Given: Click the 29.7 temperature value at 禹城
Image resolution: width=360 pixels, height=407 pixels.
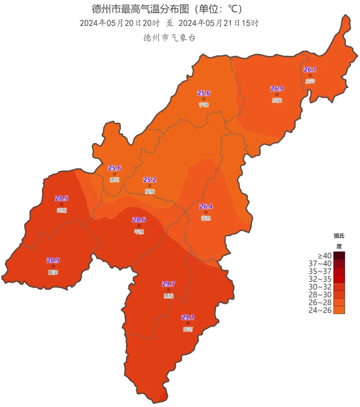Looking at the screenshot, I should pyautogui.click(x=168, y=284).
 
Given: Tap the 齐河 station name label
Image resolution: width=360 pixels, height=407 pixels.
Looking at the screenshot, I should pyautogui.click(x=188, y=330).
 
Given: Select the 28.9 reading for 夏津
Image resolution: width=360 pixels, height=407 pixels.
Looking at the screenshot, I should pyautogui.click(x=53, y=260).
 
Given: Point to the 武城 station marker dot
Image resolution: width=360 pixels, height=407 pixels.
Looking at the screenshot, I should pyautogui.click(x=62, y=204).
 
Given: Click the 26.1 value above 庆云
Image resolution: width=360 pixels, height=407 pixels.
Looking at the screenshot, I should pyautogui.click(x=310, y=70).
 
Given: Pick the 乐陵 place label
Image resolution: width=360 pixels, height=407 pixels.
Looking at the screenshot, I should pyautogui.click(x=277, y=100).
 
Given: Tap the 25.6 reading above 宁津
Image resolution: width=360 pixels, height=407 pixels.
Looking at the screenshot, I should pyautogui.click(x=204, y=93).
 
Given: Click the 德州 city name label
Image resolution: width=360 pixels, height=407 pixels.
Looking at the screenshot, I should pyautogui.click(x=114, y=180).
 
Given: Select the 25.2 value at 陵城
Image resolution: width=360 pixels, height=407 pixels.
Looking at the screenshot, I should pyautogui.click(x=150, y=180).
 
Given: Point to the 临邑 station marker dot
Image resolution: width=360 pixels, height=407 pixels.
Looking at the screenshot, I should pyautogui.click(x=206, y=212).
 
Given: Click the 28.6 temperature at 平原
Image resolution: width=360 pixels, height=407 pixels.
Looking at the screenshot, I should pyautogui.click(x=139, y=220).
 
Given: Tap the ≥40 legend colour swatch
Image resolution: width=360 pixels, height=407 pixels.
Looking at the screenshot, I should pyautogui.click(x=339, y=256).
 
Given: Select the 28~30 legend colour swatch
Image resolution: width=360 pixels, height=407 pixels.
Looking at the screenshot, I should pyautogui.click(x=339, y=295).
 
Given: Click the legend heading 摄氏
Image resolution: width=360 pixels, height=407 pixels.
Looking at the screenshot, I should pyautogui.click(x=339, y=236).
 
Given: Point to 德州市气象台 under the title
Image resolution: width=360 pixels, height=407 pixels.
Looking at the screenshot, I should pyautogui.click(x=170, y=38).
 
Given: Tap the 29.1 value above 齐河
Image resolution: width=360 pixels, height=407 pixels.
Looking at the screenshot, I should pyautogui.click(x=188, y=318).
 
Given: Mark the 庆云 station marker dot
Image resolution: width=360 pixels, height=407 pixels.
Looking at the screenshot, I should pyautogui.click(x=310, y=75).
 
